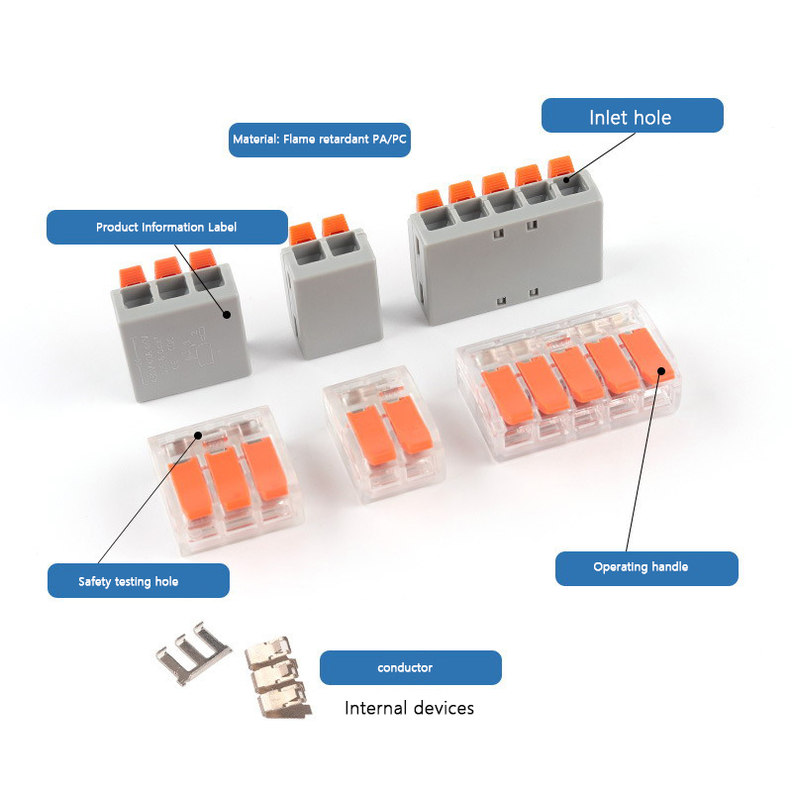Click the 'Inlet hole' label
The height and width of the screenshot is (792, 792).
(x=632, y=116)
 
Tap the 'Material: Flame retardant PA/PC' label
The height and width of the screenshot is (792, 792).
(x=319, y=140)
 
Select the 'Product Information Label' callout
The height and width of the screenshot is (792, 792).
(x=167, y=227)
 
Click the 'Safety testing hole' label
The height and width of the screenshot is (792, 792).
(x=139, y=581)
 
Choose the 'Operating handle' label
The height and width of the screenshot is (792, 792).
(x=646, y=568)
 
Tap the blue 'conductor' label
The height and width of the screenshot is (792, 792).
(x=411, y=667)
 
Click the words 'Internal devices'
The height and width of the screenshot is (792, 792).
(x=409, y=708)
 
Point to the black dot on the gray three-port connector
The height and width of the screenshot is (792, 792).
(x=227, y=314)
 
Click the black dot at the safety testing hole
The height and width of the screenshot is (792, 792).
(x=198, y=436)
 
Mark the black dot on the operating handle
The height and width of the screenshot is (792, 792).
(x=661, y=371)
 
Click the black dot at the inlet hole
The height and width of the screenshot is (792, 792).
(x=566, y=179)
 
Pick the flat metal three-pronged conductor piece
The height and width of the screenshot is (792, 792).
(x=194, y=652)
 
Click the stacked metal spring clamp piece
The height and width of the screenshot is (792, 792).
(x=278, y=677)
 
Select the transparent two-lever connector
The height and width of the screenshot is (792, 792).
(x=384, y=435)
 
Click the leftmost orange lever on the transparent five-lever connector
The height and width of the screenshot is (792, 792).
(x=506, y=395)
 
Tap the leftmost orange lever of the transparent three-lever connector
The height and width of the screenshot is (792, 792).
(x=191, y=488)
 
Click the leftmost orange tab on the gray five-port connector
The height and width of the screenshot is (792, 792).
(x=430, y=201)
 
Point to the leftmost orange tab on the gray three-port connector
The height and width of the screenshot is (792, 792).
(x=133, y=275)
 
